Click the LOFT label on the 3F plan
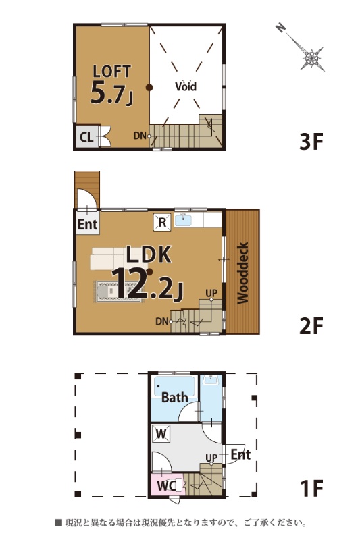click(x=112, y=72)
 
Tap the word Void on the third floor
click(x=186, y=86)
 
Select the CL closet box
click(x=87, y=137)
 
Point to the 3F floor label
click(x=311, y=142)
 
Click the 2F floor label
click(x=311, y=326)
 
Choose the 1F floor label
click(x=312, y=488)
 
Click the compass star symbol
click(x=312, y=58)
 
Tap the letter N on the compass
click(x=281, y=28)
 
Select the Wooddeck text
click(x=243, y=273)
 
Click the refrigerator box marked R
click(x=162, y=222)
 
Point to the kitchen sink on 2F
click(x=183, y=220)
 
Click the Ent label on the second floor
click(x=88, y=225)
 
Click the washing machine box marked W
click(x=161, y=434)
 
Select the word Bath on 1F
click(x=175, y=398)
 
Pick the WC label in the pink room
click(x=166, y=486)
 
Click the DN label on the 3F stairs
click(x=140, y=136)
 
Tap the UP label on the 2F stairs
click(x=211, y=293)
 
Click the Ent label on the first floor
click(x=240, y=454)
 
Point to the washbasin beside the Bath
click(x=211, y=381)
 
